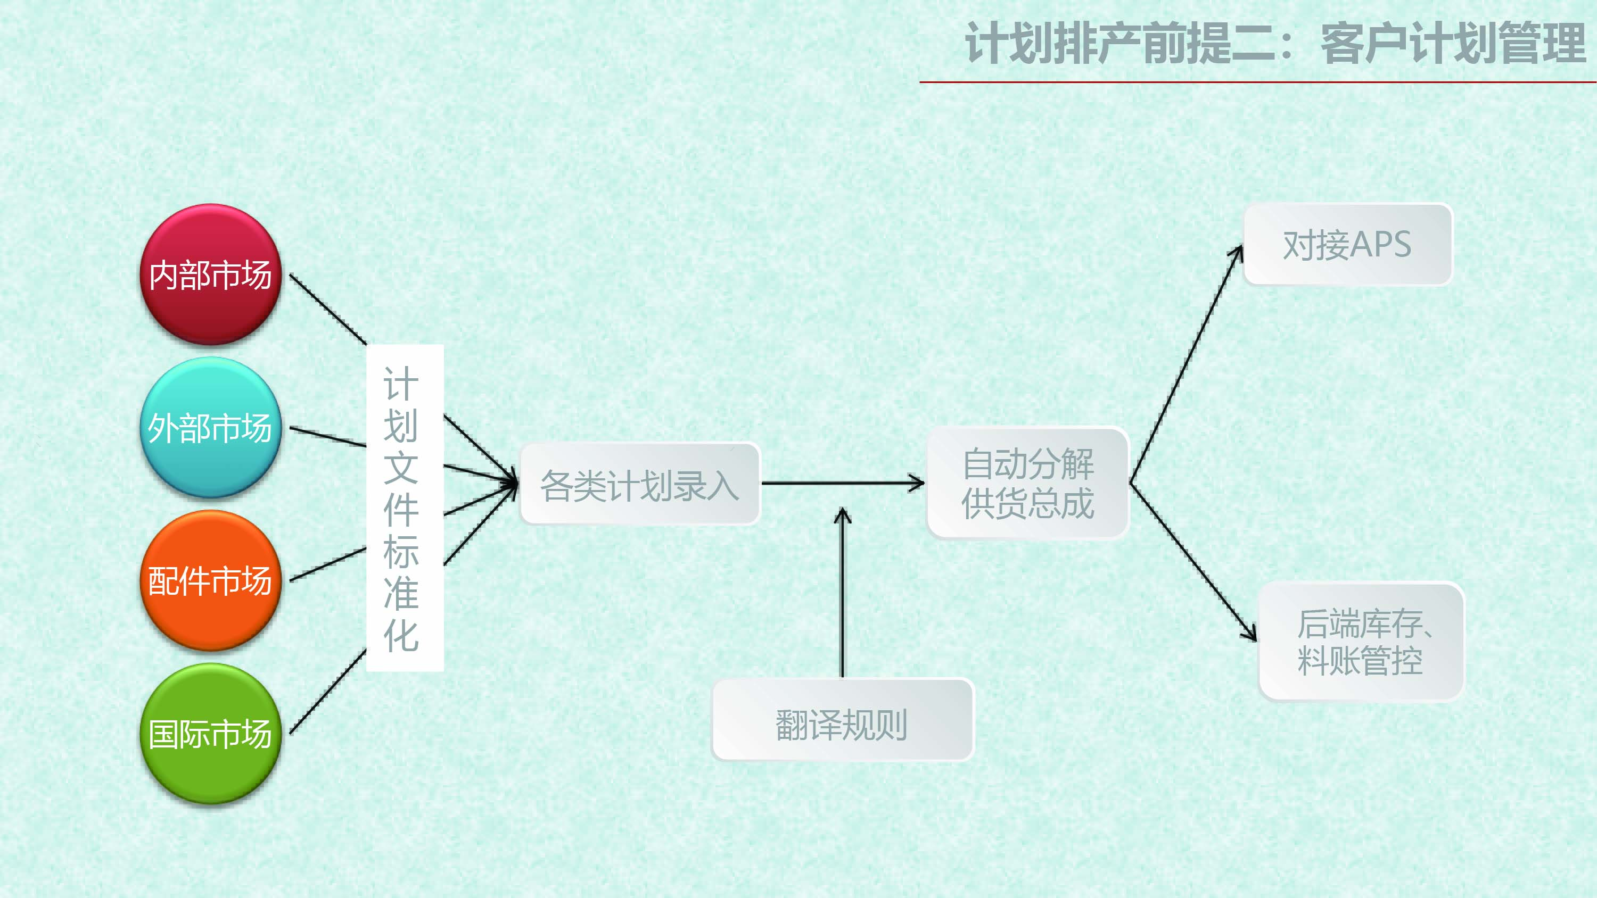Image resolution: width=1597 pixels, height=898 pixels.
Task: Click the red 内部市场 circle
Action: (211, 275)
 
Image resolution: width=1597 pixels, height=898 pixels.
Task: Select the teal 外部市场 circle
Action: (211, 428)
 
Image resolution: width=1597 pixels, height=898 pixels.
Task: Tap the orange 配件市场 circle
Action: (211, 581)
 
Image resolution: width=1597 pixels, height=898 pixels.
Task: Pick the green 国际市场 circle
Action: (211, 734)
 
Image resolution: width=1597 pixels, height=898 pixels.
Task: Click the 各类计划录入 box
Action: (640, 484)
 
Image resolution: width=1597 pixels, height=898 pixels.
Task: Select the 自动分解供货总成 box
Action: (1028, 484)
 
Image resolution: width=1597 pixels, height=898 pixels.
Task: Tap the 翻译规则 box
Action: (843, 719)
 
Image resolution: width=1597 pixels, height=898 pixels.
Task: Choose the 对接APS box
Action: (1348, 244)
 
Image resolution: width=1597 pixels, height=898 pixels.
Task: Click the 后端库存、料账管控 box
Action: (1361, 642)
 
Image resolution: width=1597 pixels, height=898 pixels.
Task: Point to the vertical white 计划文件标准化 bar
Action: (405, 508)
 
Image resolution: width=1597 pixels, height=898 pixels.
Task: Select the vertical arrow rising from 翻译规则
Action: (842, 593)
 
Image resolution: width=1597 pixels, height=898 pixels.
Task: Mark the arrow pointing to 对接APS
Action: (1187, 364)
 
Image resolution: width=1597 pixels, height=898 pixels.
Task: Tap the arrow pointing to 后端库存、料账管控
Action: (1193, 561)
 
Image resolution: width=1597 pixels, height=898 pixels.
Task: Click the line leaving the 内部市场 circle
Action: (328, 309)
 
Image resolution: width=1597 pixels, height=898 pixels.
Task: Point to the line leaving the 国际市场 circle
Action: (328, 692)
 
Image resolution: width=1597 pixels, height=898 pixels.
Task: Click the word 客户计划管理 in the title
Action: (1453, 44)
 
